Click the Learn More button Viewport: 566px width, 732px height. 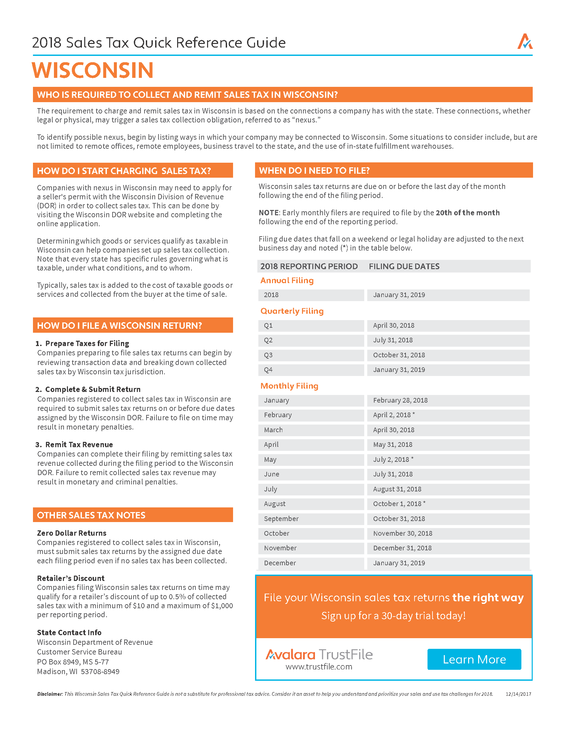coord(474,659)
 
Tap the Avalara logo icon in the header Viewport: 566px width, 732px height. coord(524,42)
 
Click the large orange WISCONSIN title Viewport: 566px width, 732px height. coord(93,71)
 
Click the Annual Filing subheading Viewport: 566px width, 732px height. coord(287,280)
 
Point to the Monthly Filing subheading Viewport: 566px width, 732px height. coord(289,386)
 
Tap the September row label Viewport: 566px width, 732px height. coord(281,518)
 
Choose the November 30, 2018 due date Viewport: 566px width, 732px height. coord(403,533)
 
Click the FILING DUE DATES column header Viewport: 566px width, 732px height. coord(404,267)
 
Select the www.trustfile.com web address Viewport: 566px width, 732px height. coord(319,667)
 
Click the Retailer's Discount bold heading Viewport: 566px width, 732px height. coord(71,578)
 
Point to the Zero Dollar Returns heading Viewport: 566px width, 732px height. coord(72,533)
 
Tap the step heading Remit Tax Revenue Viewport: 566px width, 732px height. coord(79,445)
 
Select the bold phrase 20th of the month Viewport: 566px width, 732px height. coord(467,213)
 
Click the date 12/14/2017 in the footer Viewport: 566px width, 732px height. coord(518,694)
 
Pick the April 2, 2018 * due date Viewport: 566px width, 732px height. coord(394,415)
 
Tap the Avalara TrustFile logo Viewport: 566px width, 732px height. coord(319,654)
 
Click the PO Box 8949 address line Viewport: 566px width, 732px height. coord(73,662)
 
